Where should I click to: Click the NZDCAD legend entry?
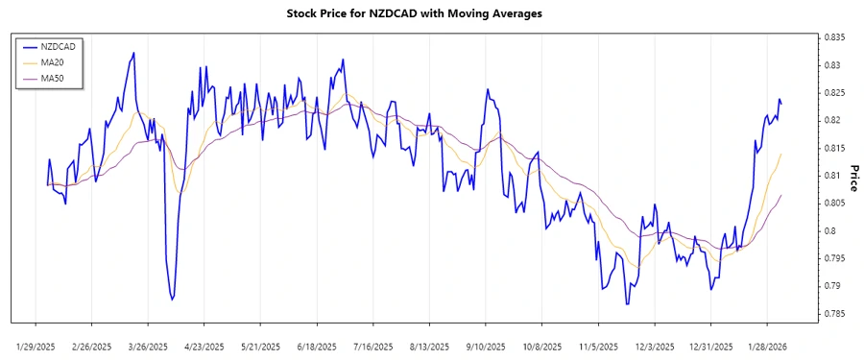(x=54, y=46)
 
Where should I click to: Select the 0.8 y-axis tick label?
(x=828, y=231)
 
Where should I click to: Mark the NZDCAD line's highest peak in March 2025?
(x=133, y=53)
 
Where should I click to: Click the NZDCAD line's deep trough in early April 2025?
(x=172, y=300)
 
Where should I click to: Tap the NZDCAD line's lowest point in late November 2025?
(x=627, y=304)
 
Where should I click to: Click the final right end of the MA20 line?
(x=781, y=154)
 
